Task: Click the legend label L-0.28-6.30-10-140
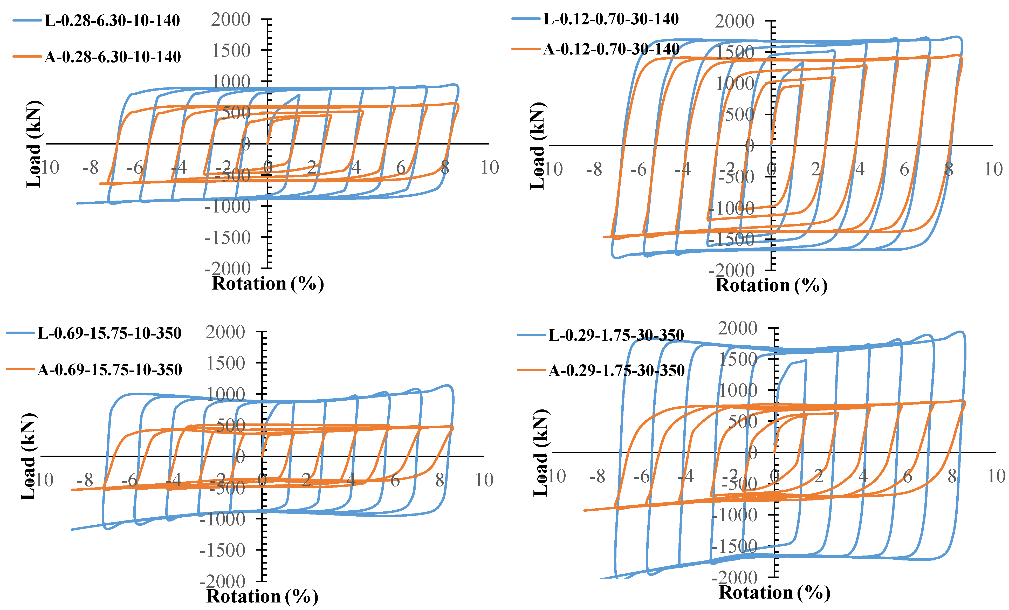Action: tap(112, 20)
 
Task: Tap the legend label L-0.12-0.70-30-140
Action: tap(611, 19)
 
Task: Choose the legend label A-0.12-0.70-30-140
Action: tap(611, 49)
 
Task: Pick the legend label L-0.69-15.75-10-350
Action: tap(109, 333)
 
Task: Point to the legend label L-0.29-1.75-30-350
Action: tap(616, 335)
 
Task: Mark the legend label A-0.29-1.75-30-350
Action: tap(616, 371)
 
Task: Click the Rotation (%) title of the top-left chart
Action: tap(267, 284)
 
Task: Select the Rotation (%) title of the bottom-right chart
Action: tap(774, 592)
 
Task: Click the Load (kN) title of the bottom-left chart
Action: tap(29, 456)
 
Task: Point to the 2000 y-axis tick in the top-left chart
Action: tap(231, 20)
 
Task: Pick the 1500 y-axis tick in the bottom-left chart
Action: tap(225, 363)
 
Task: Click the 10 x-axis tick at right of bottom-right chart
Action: tap(996, 476)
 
